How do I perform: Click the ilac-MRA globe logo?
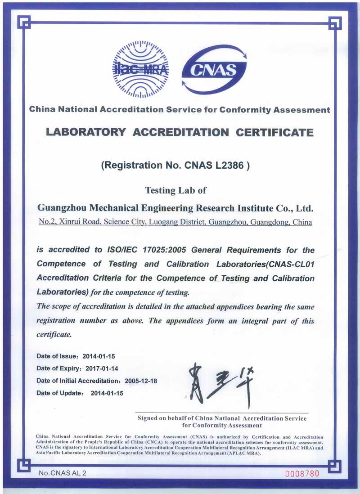click(140, 69)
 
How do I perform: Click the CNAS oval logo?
click(215, 69)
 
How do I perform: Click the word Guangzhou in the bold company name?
click(62, 208)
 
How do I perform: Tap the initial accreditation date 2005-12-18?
click(141, 381)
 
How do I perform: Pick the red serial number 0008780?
click(302, 473)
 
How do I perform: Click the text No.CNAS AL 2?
click(62, 473)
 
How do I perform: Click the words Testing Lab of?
click(175, 190)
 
